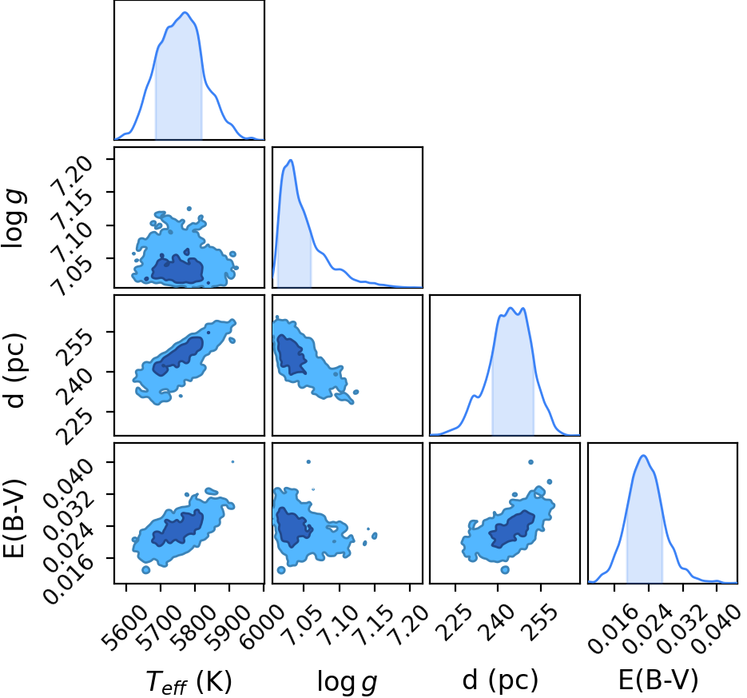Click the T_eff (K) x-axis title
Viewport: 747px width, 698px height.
coord(189,681)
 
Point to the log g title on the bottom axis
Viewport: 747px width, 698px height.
coord(348,682)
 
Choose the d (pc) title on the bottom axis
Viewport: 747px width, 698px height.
coord(500,680)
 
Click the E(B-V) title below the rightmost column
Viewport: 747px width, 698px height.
coord(658,680)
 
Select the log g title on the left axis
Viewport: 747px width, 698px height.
coord(14,217)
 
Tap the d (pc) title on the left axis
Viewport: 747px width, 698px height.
coord(15,371)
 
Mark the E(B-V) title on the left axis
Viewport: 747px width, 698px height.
coord(14,518)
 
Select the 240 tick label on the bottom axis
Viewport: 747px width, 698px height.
coord(498,622)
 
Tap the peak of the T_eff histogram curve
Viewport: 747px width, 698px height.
coord(185,13)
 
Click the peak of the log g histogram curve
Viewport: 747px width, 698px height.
coord(290,160)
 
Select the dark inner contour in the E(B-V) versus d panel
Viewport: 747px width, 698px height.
coord(513,528)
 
